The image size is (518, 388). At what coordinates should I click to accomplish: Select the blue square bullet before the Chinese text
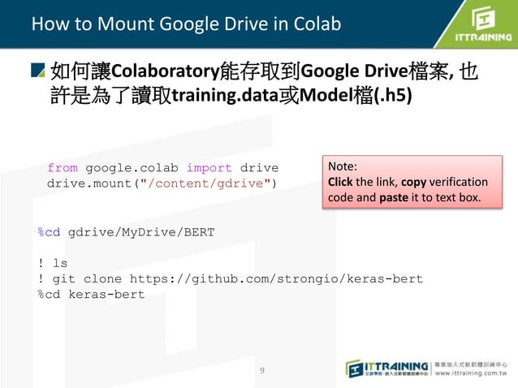38,71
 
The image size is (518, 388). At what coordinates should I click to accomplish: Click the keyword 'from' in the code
62,168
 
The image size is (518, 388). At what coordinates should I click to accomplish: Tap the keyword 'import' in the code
209,168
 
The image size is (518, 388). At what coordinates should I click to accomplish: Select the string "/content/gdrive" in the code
205,184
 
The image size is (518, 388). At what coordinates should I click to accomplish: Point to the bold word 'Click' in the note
339,182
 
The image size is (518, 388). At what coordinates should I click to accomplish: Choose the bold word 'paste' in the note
395,197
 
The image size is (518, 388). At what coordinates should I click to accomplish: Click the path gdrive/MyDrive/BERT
141,232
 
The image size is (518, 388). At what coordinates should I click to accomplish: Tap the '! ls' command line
53,263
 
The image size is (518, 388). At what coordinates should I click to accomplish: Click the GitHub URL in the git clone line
276,278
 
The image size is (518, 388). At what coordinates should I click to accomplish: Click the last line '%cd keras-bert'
91,294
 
